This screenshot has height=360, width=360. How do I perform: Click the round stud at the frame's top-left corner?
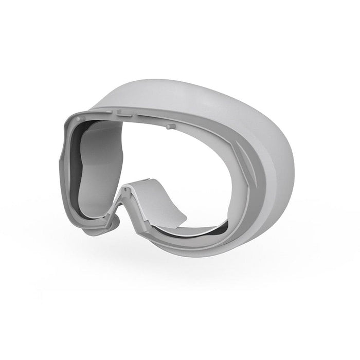(78, 118)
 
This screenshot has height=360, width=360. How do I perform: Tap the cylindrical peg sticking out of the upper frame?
(169, 126)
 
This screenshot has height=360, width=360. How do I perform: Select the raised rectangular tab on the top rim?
(120, 111)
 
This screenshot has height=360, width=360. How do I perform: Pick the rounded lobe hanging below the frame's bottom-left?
(105, 226)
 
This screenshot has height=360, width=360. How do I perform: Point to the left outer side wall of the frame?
(65, 165)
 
